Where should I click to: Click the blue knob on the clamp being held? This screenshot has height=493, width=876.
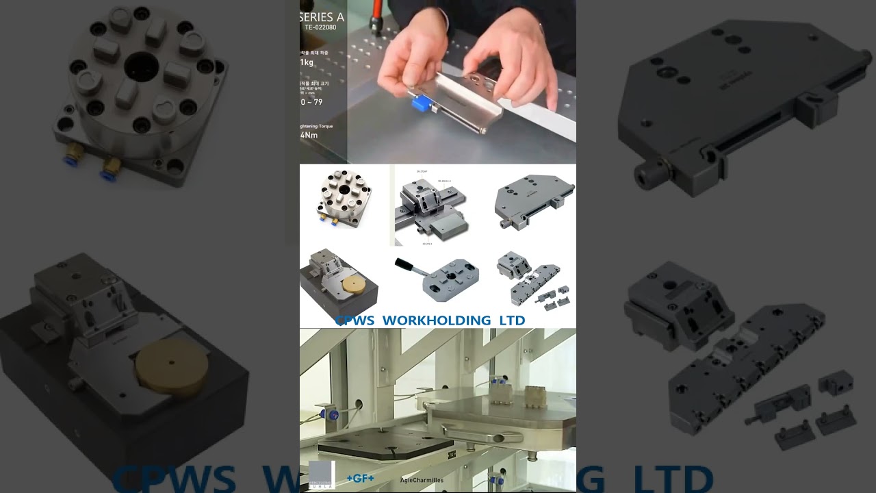tap(419, 103)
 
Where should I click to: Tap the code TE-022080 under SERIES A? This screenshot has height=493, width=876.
tap(320, 27)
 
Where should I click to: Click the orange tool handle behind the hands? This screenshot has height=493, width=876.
tap(375, 14)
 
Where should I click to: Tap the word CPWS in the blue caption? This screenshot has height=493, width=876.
tap(354, 320)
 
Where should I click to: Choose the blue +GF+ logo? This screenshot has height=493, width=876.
tap(360, 478)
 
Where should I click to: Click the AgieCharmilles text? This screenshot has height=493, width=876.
tap(422, 480)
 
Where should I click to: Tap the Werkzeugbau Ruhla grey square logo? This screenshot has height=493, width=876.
tap(322, 474)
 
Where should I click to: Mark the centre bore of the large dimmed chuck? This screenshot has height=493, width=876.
tap(142, 66)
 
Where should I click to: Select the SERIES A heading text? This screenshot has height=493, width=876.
tap(322, 16)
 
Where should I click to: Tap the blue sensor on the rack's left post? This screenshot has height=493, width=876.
tap(333, 415)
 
